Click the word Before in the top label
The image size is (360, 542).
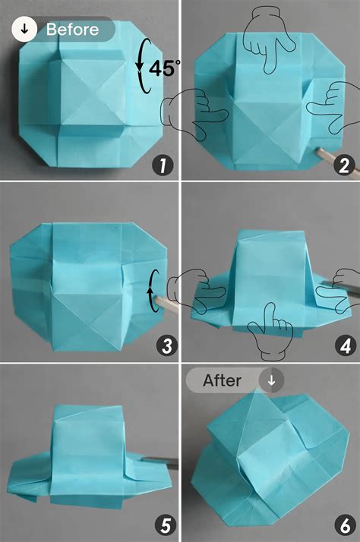click(x=72, y=30)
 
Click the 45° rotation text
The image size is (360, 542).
click(x=164, y=68)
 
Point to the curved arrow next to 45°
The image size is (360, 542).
click(x=141, y=66)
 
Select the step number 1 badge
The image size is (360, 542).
click(x=162, y=163)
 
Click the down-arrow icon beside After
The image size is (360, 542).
click(x=271, y=380)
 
